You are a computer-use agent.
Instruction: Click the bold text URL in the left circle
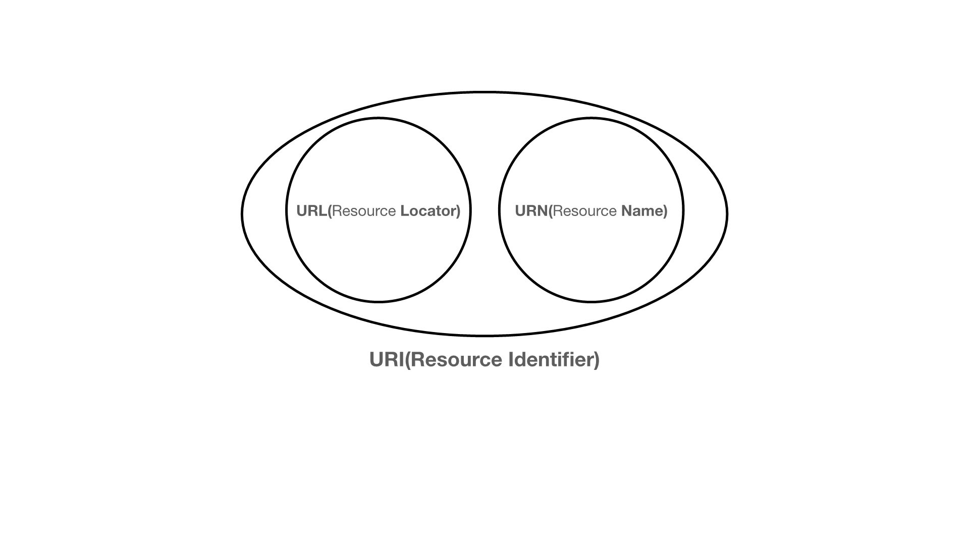pyautogui.click(x=311, y=211)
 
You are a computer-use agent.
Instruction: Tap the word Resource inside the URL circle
pyautogui.click(x=364, y=211)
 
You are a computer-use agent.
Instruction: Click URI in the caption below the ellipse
pyautogui.click(x=387, y=360)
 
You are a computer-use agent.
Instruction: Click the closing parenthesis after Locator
pyautogui.click(x=458, y=211)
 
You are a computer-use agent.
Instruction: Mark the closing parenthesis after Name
pyautogui.click(x=665, y=211)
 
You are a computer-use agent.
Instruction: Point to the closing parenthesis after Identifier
pyautogui.click(x=597, y=360)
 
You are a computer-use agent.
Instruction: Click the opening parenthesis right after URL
pyautogui.click(x=330, y=211)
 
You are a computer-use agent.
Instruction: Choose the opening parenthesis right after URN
pyautogui.click(x=551, y=211)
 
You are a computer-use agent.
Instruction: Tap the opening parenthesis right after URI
pyautogui.click(x=408, y=360)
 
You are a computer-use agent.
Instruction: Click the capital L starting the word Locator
pyautogui.click(x=404, y=211)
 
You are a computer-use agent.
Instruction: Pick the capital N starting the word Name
pyautogui.click(x=626, y=211)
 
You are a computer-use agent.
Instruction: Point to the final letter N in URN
pyautogui.click(x=543, y=211)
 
